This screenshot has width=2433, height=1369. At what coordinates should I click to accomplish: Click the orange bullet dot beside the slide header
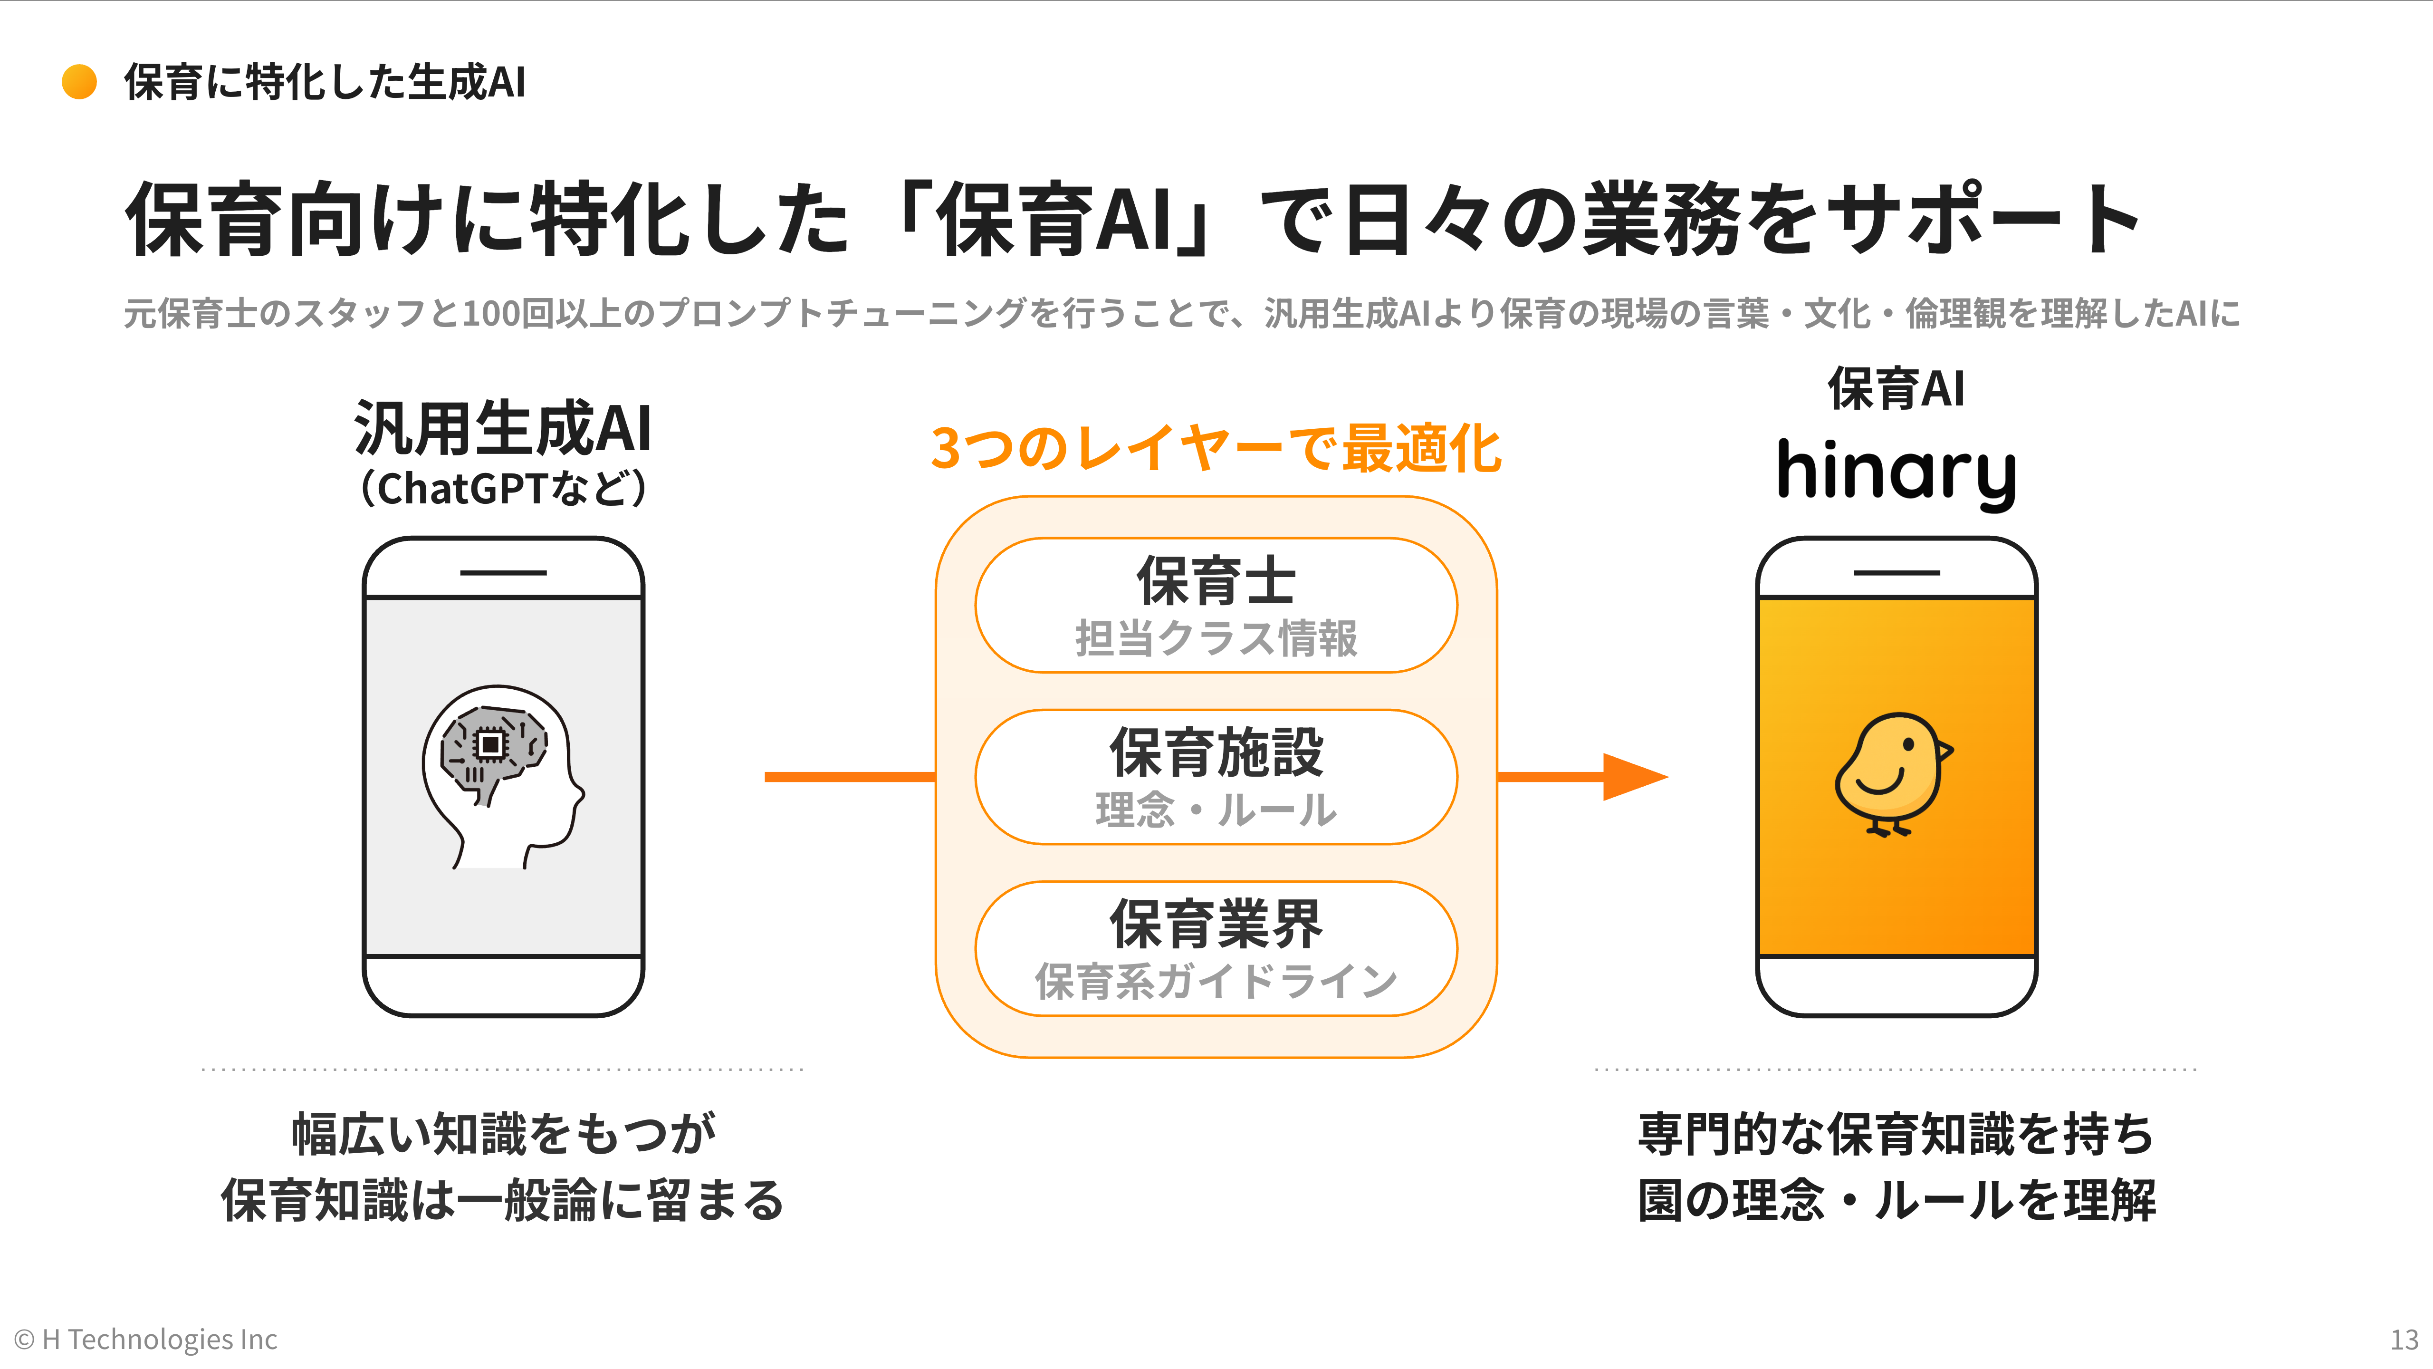79,82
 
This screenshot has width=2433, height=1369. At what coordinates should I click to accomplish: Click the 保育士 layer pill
1216,605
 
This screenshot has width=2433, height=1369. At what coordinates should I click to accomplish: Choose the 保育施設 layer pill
1216,777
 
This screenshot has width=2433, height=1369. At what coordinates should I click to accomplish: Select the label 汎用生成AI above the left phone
502,428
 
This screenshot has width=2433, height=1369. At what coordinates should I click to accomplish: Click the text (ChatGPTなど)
502,489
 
